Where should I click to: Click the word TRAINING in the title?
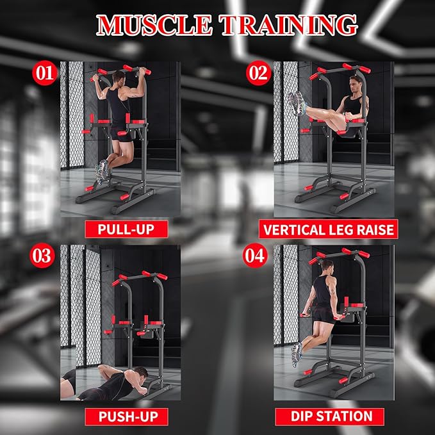point(288,24)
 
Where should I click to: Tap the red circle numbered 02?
point(258,73)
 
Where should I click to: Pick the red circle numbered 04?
point(254,256)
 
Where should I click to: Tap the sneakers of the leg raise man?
point(295,101)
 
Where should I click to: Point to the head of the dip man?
point(328,265)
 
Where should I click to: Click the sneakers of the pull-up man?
point(102,171)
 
